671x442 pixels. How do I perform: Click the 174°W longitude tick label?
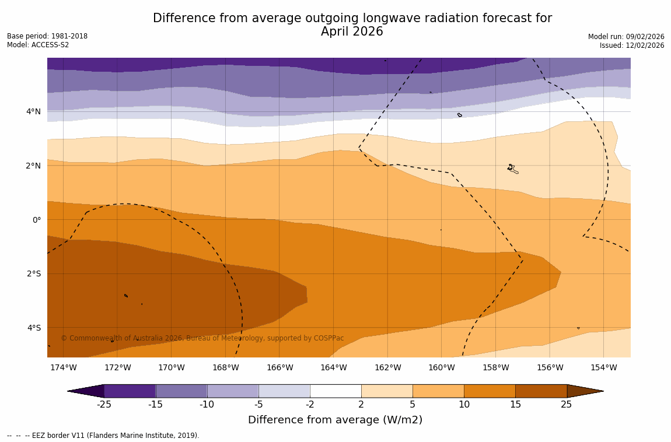(x=63, y=367)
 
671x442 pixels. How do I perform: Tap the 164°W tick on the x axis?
(x=333, y=367)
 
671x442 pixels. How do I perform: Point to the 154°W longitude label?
(x=603, y=367)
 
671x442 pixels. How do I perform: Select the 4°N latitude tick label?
(x=34, y=111)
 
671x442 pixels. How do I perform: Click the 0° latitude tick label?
(x=36, y=220)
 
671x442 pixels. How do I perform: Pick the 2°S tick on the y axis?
(x=34, y=273)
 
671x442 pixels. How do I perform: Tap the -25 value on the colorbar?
(x=104, y=405)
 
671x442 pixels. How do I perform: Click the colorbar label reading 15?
(x=515, y=405)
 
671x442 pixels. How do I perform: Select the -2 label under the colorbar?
(x=310, y=405)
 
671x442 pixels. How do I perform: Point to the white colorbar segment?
(x=335, y=391)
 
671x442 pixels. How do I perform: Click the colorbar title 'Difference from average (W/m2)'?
(x=335, y=420)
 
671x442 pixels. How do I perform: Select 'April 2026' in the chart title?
(x=352, y=32)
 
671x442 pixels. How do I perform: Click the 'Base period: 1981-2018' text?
(x=47, y=36)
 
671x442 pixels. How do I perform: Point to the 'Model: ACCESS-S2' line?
(x=38, y=45)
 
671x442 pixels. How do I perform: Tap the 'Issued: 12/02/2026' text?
(x=632, y=45)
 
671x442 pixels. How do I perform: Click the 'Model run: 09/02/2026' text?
(x=626, y=37)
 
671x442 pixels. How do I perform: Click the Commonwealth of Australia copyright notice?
(x=202, y=338)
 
